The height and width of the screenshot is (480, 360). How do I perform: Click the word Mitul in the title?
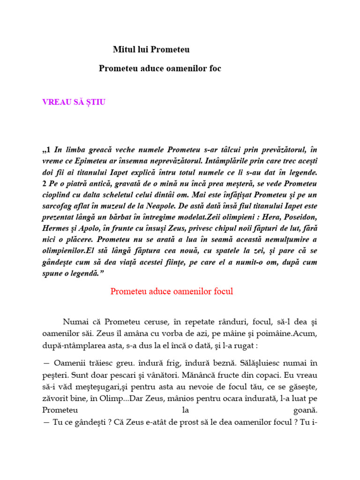pyautogui.click(x=123, y=49)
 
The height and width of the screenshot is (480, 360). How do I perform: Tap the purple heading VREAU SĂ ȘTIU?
pyautogui.click(x=74, y=102)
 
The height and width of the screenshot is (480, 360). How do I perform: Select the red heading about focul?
pyautogui.click(x=172, y=292)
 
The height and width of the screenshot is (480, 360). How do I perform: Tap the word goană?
pyautogui.click(x=305, y=411)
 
